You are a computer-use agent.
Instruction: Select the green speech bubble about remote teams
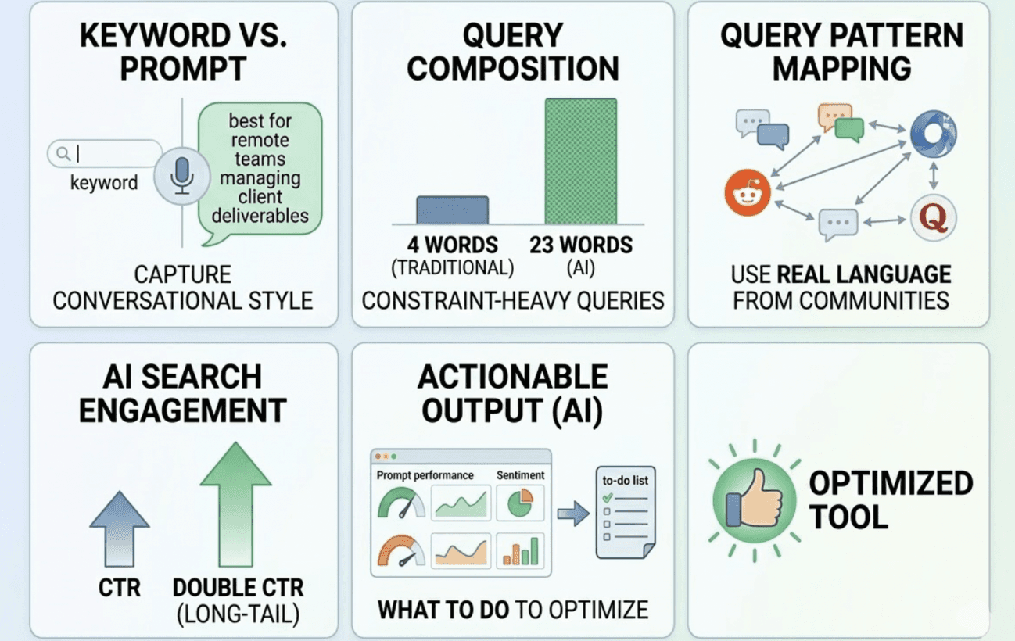260,168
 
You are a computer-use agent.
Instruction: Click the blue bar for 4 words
452,209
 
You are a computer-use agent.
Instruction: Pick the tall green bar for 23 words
580,161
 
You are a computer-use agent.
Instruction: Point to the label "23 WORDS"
580,245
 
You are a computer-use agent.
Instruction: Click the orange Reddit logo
747,192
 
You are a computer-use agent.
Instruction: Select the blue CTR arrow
120,528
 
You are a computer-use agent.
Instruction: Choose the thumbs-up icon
755,501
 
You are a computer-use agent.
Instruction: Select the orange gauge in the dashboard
401,550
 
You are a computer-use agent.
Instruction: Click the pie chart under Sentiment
519,503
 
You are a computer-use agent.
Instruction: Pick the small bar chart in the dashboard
521,550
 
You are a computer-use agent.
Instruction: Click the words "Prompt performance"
425,474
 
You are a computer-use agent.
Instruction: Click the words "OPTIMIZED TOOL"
890,500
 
